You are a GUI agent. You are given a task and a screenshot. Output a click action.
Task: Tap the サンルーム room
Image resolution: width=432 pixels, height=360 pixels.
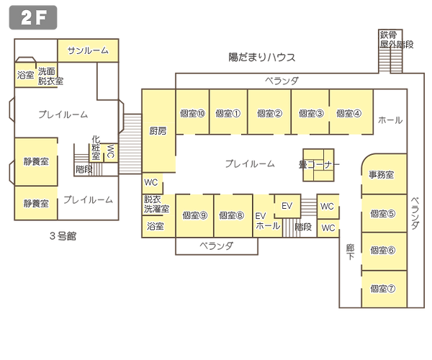(88, 50)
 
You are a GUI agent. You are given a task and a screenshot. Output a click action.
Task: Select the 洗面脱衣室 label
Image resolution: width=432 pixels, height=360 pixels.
(51, 76)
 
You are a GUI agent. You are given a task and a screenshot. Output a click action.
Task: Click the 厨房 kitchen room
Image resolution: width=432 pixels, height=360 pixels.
(158, 131)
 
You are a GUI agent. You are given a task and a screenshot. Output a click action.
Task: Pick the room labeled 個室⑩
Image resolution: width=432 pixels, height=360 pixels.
(193, 113)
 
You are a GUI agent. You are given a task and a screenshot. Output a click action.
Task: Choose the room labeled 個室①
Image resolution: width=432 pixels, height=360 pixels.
(228, 113)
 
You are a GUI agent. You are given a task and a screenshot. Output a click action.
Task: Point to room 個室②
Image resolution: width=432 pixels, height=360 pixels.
(269, 113)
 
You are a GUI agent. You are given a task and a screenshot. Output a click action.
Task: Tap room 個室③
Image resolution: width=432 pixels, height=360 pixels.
(310, 113)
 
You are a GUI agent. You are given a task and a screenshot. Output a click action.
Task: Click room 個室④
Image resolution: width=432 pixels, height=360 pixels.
(348, 113)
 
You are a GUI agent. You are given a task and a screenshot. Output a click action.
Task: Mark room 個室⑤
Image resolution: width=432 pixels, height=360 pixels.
(382, 213)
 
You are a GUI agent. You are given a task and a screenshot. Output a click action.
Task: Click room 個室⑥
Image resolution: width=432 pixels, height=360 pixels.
(382, 251)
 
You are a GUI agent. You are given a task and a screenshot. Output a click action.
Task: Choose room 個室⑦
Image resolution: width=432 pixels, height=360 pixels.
(382, 288)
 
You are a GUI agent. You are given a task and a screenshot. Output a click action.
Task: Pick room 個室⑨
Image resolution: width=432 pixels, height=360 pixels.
(194, 215)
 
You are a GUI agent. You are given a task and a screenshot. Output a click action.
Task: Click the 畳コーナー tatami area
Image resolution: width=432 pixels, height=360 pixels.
(318, 165)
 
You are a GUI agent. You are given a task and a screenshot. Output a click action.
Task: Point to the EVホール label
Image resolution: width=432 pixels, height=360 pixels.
(262, 220)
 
